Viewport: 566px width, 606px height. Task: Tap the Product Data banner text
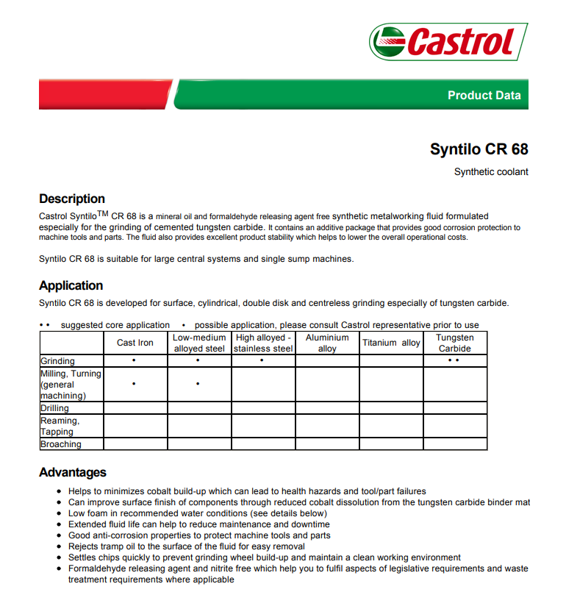coord(484,95)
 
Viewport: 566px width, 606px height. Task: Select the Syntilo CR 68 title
coord(479,149)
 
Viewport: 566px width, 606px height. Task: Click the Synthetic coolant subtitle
coord(491,172)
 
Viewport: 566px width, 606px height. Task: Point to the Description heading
coord(72,199)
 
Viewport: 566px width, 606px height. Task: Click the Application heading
coord(71,285)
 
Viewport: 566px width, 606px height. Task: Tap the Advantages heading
coord(73,472)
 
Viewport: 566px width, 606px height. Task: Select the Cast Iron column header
coord(135,343)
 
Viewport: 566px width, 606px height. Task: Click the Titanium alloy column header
coord(391,343)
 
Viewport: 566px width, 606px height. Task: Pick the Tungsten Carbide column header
coord(455,343)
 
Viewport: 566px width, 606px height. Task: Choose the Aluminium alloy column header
coord(327,343)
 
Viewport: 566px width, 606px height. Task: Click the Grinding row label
coord(57,361)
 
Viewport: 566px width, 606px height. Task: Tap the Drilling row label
coord(54,408)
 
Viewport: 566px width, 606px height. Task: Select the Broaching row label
coord(60,444)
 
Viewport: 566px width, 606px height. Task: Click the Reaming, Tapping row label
coord(60,427)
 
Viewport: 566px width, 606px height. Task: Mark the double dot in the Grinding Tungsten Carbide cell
coord(455,361)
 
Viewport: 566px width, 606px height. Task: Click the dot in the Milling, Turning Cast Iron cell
coord(133,384)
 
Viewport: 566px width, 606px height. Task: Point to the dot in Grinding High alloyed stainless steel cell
coord(262,361)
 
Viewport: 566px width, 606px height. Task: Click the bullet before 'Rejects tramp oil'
coord(59,547)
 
